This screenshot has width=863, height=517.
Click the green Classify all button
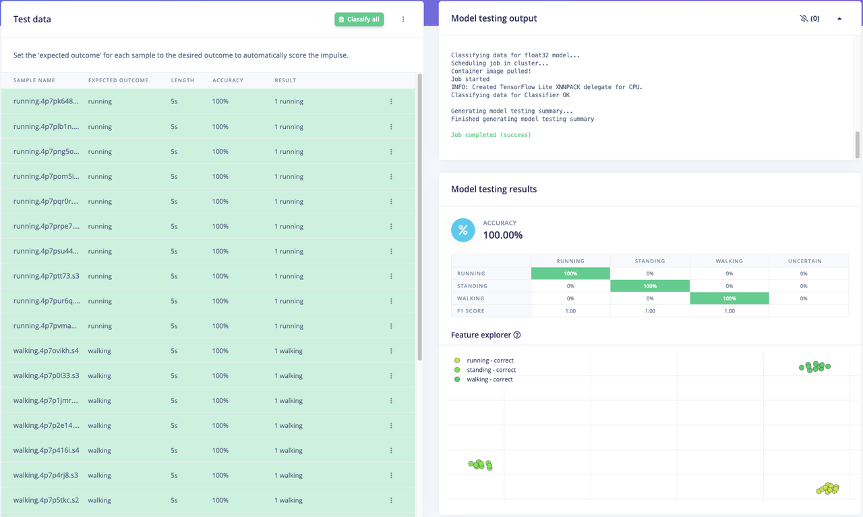(x=359, y=20)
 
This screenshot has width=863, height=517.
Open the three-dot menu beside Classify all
(x=403, y=20)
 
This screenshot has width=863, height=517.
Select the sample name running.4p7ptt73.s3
(x=46, y=276)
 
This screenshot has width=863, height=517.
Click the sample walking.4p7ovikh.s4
(x=46, y=351)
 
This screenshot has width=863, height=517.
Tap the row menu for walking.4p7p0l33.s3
(x=391, y=376)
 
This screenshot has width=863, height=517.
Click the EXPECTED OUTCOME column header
(x=118, y=80)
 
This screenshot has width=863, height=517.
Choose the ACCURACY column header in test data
(x=227, y=80)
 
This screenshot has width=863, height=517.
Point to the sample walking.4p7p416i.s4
(x=46, y=450)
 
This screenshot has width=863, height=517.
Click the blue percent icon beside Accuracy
(x=463, y=230)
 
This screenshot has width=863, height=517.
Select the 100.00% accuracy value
(x=502, y=236)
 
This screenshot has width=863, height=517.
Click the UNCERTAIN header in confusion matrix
(x=804, y=261)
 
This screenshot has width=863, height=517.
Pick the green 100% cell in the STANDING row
(x=649, y=286)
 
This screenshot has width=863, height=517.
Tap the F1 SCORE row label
(x=471, y=311)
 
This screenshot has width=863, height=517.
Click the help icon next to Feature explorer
(x=517, y=335)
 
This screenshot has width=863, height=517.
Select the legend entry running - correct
(x=489, y=360)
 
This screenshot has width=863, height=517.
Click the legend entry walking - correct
(x=489, y=379)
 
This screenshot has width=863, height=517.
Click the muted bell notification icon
(x=804, y=19)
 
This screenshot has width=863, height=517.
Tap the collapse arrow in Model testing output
(x=839, y=19)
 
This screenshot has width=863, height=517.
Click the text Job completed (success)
(x=491, y=135)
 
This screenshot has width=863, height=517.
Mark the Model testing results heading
(x=494, y=190)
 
